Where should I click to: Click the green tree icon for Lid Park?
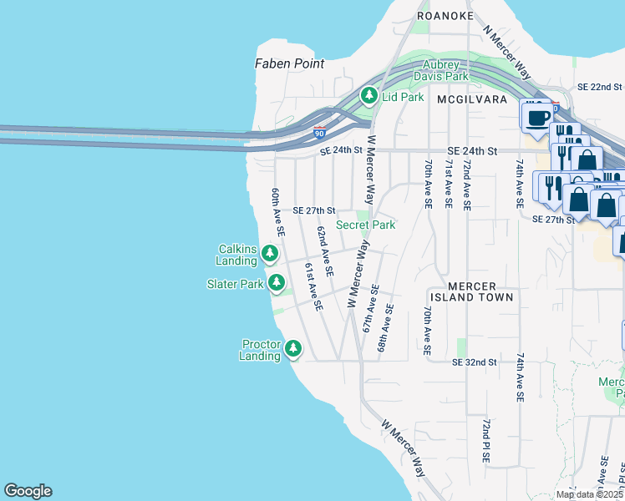point(369,96)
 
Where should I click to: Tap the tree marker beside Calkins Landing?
point(270,253)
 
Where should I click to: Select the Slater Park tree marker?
point(276,284)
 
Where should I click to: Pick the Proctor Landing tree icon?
point(293,348)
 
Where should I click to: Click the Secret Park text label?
point(365,225)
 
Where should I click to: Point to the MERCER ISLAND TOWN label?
point(472,291)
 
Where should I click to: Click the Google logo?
point(28,491)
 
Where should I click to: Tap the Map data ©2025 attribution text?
point(590,494)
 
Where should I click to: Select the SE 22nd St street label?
point(600,87)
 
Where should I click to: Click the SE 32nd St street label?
point(475,362)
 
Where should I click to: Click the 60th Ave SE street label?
point(277,214)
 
